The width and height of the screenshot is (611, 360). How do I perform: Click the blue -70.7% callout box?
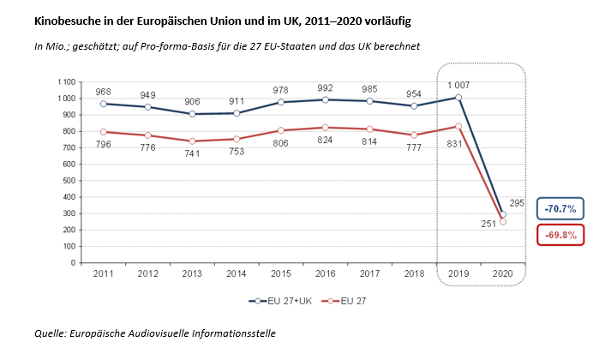(x=560, y=208)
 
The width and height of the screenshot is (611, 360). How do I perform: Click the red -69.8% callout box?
(x=560, y=234)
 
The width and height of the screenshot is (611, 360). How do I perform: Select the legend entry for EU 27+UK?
(x=279, y=300)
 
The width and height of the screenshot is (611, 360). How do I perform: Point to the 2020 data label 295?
(x=518, y=202)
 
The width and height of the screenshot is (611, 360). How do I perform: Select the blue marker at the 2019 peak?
(x=459, y=97)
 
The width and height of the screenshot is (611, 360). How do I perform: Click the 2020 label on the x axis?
(x=503, y=273)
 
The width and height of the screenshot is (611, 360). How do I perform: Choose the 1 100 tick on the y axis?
(x=66, y=81)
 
